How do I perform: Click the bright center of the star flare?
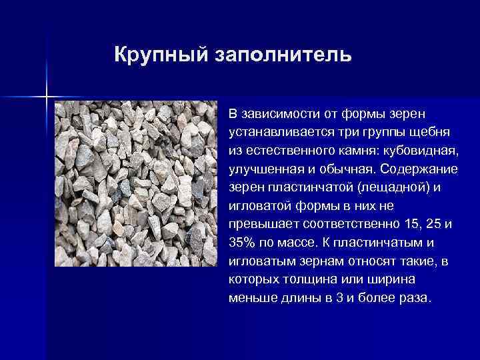click(x=47, y=97)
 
